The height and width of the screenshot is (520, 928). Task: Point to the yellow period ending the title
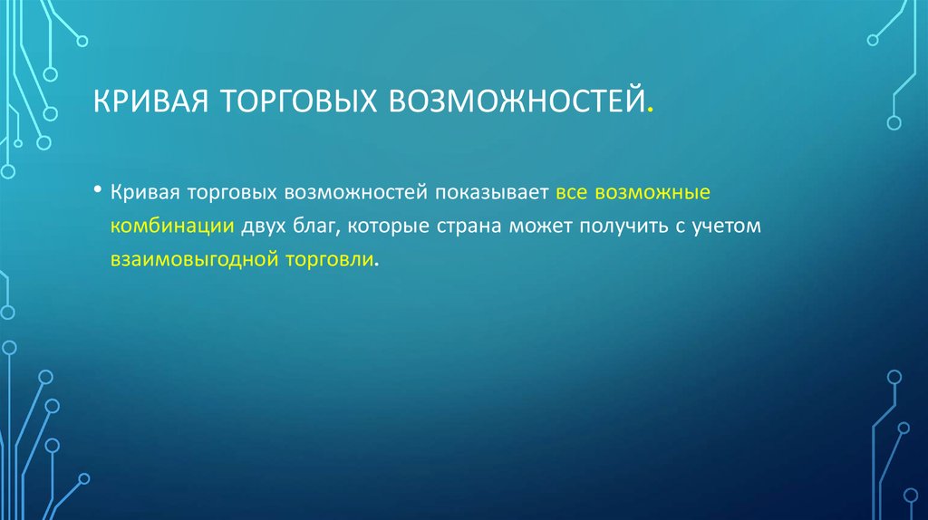[649, 112]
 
